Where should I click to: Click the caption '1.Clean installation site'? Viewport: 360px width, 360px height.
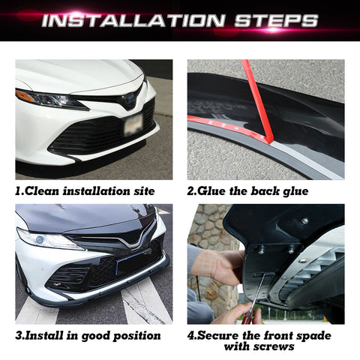[x=85, y=191]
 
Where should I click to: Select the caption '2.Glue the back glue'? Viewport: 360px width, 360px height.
[x=247, y=191]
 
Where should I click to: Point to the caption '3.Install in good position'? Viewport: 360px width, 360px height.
[x=88, y=335]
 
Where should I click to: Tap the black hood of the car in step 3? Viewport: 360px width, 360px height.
[x=75, y=217]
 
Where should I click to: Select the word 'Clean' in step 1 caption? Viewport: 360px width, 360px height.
[x=42, y=191]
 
